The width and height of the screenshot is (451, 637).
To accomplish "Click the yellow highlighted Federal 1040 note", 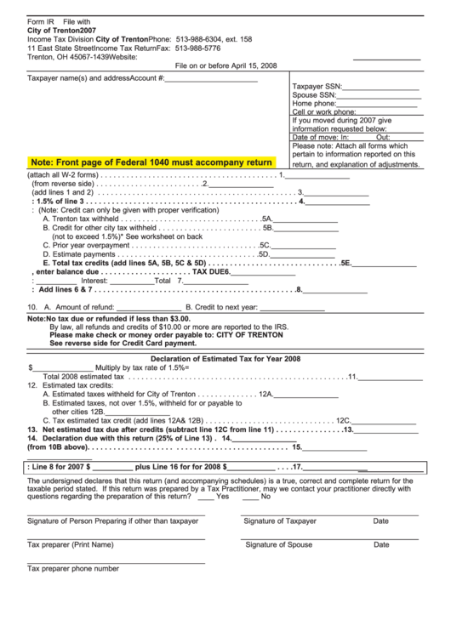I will pyautogui.click(x=151, y=162).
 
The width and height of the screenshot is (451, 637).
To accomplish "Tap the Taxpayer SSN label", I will pyautogui.click(x=317, y=86).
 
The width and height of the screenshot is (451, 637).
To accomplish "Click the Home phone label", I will pyautogui.click(x=314, y=103).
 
